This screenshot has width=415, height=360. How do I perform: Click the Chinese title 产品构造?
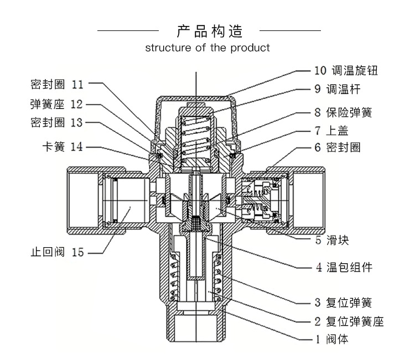point(210,31)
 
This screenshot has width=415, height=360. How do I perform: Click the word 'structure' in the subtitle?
point(168,48)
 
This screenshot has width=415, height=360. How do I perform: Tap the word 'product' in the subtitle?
point(250,48)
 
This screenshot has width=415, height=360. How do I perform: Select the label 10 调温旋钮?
point(346,71)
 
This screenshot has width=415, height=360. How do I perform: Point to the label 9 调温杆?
point(338,89)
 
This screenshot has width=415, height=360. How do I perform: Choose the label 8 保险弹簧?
point(343,112)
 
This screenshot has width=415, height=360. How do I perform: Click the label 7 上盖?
point(331,131)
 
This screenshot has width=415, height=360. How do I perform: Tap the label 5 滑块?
point(332,240)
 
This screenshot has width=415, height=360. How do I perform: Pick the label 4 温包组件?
point(344,267)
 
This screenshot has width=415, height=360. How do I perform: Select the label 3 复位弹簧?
point(343,302)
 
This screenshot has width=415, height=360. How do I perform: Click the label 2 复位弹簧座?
point(349,322)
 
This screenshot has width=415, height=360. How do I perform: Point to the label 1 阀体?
point(332,339)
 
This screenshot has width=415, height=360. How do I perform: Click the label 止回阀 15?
point(57,252)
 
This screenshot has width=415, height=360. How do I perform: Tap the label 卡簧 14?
point(63,147)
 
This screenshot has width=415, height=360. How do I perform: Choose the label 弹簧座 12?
point(56,104)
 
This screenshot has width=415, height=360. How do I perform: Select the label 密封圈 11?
point(57,85)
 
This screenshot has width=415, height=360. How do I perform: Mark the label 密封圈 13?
point(56,122)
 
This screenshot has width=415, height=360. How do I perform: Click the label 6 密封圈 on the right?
point(338,147)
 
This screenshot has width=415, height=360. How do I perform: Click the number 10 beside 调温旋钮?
point(320,71)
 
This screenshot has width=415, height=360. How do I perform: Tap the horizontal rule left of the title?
point(128,30)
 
